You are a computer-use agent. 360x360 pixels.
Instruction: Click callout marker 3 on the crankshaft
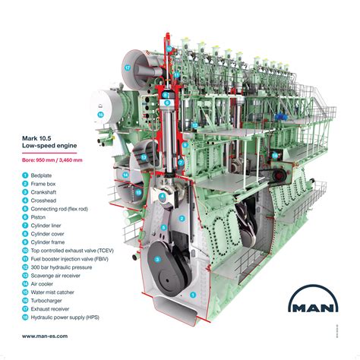(x=156, y=259)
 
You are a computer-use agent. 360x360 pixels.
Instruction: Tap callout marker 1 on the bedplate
(x=194, y=294)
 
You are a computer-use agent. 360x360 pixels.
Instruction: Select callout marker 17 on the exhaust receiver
(x=128, y=68)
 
